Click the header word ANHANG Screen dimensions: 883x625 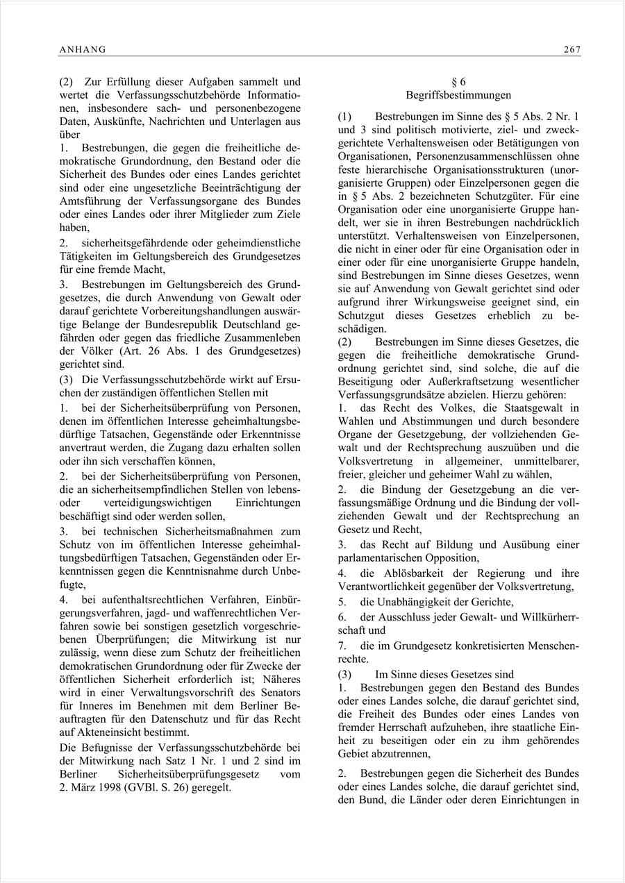point(83,49)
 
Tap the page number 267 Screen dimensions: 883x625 point(572,49)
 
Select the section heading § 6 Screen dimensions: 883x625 point(458,82)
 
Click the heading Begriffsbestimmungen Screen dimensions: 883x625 point(458,94)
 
